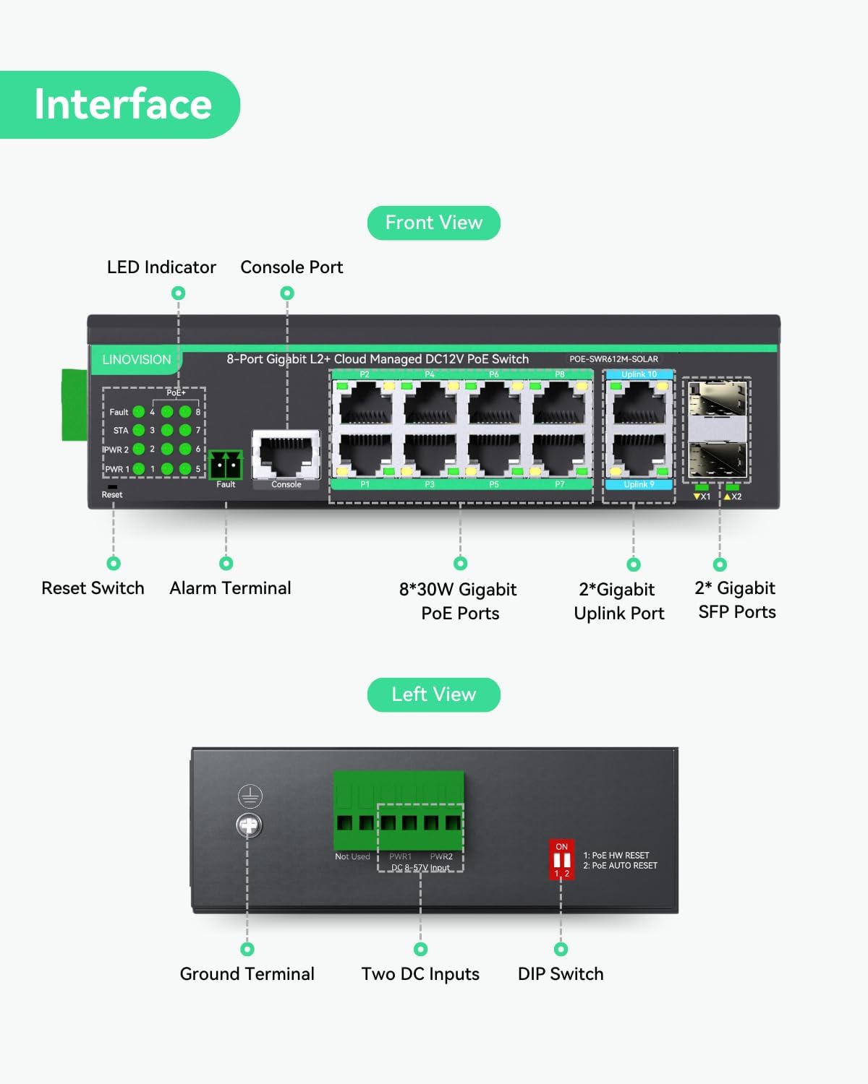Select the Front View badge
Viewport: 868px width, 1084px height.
[x=433, y=223]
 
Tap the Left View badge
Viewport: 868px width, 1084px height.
[x=433, y=694]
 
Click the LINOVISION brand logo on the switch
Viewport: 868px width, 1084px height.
[x=136, y=359]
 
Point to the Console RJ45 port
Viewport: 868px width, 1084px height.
[x=286, y=455]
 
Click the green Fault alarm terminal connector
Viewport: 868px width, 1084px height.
[x=225, y=464]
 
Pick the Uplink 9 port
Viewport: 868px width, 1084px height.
[x=639, y=455]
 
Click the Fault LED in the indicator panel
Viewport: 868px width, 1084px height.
[x=139, y=412]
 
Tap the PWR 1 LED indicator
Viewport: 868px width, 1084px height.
[x=139, y=469]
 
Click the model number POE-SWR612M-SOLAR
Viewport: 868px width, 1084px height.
[x=613, y=359]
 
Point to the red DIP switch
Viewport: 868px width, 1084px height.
[x=561, y=860]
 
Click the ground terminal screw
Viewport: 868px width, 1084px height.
[x=250, y=825]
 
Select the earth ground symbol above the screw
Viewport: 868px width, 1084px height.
[x=250, y=796]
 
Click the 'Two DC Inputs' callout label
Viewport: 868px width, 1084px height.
[x=420, y=974]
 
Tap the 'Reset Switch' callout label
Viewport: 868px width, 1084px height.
[x=93, y=588]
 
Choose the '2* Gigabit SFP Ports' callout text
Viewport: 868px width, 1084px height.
[x=736, y=600]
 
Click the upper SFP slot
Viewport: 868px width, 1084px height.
[x=717, y=399]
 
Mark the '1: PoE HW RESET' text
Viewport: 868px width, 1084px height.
[x=616, y=855]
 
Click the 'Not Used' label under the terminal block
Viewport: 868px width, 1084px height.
[x=352, y=856]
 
